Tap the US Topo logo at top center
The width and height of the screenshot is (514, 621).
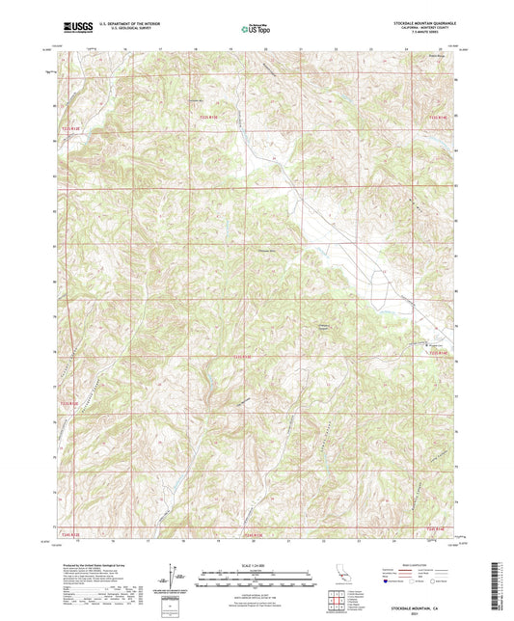(256, 31)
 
